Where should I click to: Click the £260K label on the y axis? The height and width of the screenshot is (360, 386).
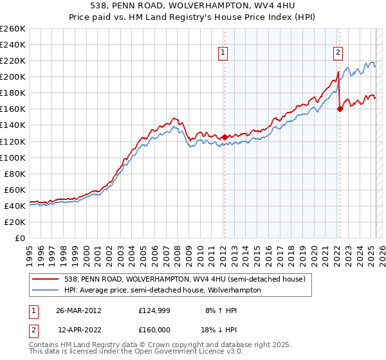click(13, 29)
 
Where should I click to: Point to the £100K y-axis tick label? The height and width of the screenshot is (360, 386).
click(13, 157)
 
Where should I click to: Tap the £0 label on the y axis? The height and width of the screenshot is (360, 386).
click(20, 238)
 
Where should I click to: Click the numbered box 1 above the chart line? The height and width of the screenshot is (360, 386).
click(223, 53)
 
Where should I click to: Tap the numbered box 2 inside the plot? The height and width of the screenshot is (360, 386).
click(338, 53)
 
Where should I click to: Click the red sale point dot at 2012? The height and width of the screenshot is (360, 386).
click(225, 137)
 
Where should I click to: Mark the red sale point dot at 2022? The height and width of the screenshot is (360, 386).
click(340, 109)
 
